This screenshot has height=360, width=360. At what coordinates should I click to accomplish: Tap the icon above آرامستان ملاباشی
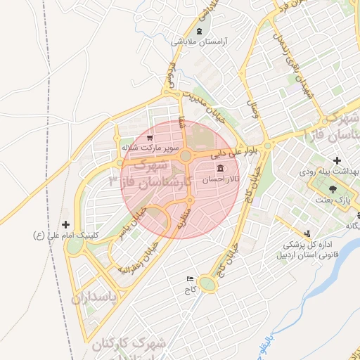[x=200, y=32]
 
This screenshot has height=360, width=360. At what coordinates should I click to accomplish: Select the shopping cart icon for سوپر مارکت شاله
[x=150, y=139]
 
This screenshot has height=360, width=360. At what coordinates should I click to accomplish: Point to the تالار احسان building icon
[x=221, y=169]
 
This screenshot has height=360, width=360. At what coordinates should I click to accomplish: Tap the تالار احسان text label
[x=221, y=179]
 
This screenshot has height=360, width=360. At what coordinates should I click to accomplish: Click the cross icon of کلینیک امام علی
[x=66, y=224]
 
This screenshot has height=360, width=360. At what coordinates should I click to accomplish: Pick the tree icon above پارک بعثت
[x=333, y=189]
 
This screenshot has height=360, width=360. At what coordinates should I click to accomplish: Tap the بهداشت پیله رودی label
[x=333, y=171]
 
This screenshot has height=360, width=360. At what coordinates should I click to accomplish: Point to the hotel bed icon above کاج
[x=189, y=279]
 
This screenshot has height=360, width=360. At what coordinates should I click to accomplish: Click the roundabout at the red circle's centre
[x=186, y=156]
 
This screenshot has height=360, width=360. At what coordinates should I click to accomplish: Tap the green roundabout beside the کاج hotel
[x=207, y=284]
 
